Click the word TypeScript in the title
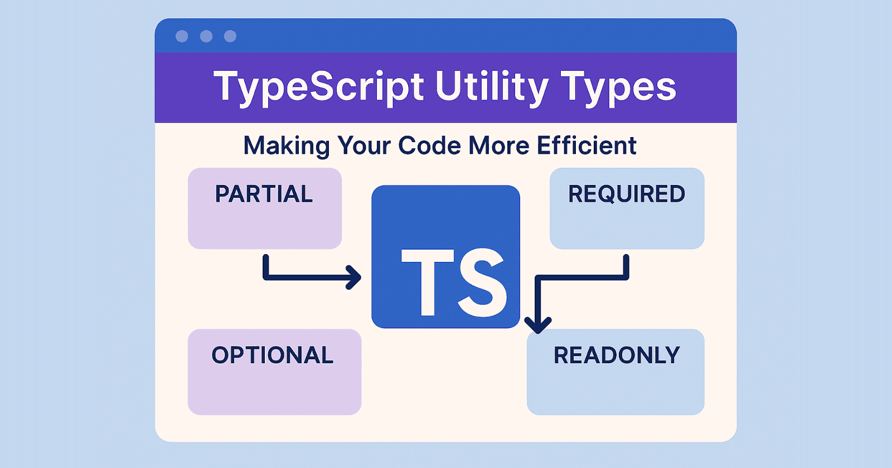318,87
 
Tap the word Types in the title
618,87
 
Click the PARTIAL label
264,194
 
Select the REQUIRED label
627,194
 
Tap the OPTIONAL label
273,355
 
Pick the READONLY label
617,355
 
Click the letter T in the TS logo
428,281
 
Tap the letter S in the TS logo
482,281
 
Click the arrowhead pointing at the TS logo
355,277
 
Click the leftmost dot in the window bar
182,36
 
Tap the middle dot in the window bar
206,36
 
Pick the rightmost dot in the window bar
230,36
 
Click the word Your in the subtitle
364,145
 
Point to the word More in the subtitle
499,145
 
